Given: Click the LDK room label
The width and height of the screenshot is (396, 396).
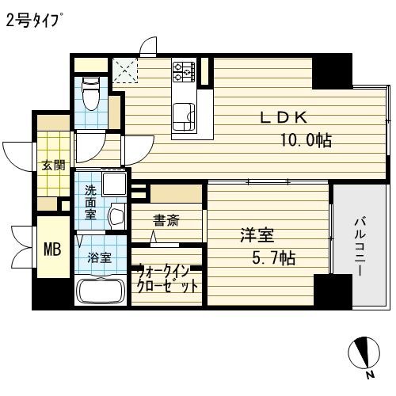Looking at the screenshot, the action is pos(284,117).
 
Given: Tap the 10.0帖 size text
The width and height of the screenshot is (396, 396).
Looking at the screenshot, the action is pos(306,139).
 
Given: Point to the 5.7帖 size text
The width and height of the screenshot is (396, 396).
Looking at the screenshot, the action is pos(274,257).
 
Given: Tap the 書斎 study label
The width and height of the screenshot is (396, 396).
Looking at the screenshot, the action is pos(166,220).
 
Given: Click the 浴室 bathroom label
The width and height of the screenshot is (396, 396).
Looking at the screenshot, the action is pos(99,257).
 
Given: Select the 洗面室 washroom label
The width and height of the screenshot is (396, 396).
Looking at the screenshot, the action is pos(90,203).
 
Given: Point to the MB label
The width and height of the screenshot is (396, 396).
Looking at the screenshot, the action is pos(52,249).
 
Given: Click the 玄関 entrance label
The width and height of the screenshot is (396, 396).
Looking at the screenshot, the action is pos(53,166).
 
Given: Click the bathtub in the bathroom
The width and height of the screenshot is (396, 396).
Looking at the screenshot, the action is pos(101,289).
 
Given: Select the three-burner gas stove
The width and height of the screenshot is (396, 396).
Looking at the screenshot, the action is pos(184,70).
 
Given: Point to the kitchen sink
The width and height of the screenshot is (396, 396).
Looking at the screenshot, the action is pos(184,116).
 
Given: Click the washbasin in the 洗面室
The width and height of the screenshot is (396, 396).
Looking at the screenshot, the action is pos(116,216).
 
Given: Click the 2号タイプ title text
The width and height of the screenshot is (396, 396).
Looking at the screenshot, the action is pos(34,20).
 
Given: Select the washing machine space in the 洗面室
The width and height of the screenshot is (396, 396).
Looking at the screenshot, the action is pos(114,184).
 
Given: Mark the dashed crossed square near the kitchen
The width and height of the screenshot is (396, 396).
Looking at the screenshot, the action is pos(125,70).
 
